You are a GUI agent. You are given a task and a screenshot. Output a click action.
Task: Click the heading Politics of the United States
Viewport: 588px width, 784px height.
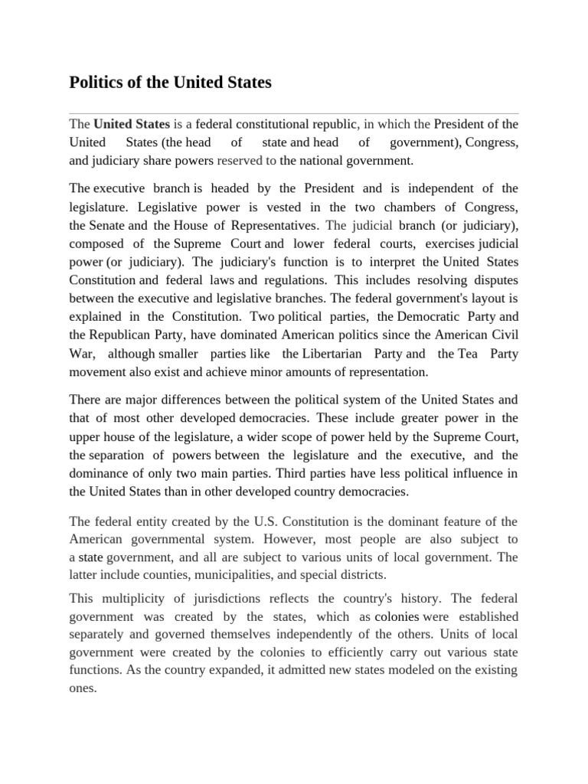[x=170, y=82]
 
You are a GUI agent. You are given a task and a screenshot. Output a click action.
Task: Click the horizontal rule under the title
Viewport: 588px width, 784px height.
[x=293, y=113]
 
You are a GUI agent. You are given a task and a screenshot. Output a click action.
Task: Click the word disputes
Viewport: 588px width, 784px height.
[x=489, y=280]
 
